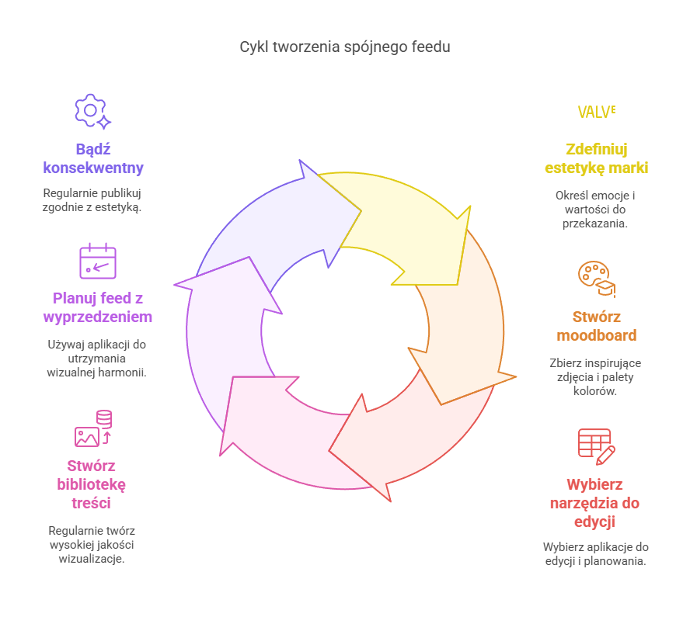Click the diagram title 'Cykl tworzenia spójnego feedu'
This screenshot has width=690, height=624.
344,47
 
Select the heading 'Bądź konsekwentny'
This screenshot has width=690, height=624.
93,158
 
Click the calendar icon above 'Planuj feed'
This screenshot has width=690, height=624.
98,262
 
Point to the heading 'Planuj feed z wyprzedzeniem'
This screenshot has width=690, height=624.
97,307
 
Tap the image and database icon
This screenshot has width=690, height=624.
93,428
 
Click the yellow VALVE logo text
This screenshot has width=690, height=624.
597,111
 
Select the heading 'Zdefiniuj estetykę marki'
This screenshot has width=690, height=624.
597,158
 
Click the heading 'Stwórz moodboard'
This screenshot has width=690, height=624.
597,326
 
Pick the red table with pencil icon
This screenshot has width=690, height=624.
596,445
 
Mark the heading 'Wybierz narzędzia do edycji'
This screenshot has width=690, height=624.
595,503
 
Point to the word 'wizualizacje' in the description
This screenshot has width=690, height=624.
92,559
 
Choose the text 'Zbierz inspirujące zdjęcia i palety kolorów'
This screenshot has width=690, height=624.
595,377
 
